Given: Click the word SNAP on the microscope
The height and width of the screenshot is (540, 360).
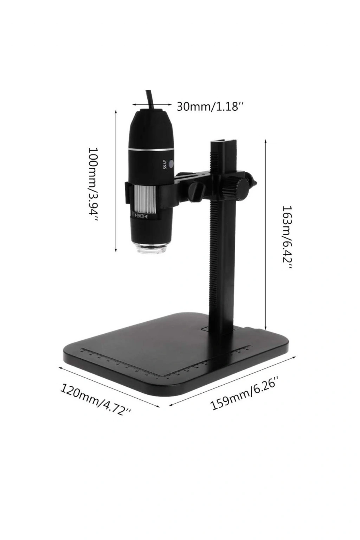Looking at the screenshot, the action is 165,165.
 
